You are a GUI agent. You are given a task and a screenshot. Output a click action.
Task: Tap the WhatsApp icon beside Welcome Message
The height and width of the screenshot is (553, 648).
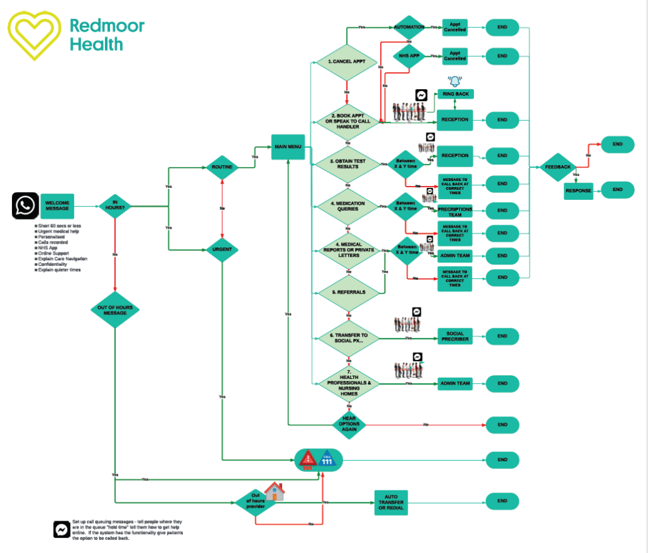click(x=26, y=206)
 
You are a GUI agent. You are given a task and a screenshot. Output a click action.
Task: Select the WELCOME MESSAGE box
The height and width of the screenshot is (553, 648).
click(x=58, y=206)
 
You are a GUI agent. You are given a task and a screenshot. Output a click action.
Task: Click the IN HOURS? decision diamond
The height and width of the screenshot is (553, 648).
click(x=115, y=204)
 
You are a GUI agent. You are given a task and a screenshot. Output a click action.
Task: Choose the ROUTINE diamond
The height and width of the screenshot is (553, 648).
click(x=221, y=168)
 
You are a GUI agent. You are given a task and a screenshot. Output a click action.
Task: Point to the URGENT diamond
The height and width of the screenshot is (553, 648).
click(x=221, y=249)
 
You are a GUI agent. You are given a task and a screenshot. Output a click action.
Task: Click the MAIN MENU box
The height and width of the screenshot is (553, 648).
click(x=288, y=147)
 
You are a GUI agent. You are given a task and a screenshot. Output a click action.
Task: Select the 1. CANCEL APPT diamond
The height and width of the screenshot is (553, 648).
click(x=346, y=62)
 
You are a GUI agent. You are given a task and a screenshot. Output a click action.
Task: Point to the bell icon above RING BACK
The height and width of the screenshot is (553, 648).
click(x=454, y=81)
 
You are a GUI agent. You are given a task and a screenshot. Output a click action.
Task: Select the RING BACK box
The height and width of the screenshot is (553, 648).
click(x=455, y=94)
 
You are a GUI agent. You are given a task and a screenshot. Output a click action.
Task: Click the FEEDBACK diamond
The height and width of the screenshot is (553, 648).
click(x=558, y=166)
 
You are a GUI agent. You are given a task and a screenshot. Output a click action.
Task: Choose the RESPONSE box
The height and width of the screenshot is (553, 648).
click(x=578, y=190)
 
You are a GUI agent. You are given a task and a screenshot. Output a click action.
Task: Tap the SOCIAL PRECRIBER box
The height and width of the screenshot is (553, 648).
click(x=455, y=337)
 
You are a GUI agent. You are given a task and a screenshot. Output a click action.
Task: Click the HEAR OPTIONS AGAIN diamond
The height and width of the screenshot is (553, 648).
click(x=349, y=424)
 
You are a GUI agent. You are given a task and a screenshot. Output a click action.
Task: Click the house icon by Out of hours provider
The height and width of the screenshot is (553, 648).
click(x=274, y=491)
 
